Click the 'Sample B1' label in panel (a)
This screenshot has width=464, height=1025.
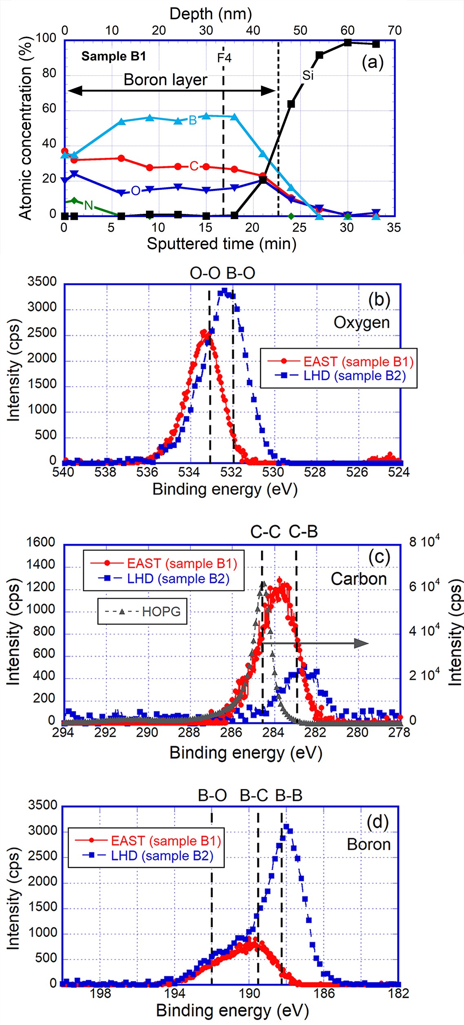(113, 56)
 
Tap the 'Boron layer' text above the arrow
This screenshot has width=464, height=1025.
(165, 79)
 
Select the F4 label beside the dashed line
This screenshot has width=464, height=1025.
(224, 58)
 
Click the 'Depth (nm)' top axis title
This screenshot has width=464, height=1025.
(210, 14)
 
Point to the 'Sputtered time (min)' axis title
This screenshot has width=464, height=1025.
(221, 244)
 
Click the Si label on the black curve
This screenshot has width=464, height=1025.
(308, 75)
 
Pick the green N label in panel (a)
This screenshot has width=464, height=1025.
(88, 205)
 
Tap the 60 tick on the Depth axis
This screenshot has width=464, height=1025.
(347, 30)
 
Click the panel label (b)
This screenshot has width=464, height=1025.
(379, 300)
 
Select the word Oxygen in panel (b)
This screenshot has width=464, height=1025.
(361, 323)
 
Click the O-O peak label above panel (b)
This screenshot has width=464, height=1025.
(205, 273)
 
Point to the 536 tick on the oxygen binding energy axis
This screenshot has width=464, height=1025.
(147, 472)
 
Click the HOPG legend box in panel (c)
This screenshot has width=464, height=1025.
(142, 611)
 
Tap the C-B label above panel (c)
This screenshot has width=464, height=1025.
(303, 532)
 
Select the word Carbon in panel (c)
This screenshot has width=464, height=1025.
(358, 579)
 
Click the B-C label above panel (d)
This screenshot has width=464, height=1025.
(254, 795)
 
